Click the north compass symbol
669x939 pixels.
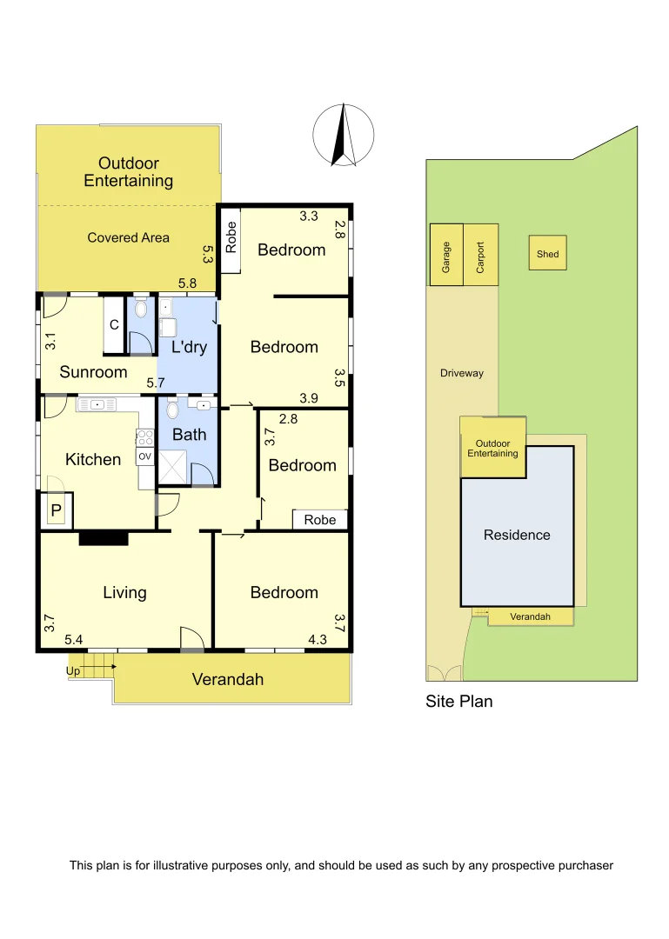tap(344, 135)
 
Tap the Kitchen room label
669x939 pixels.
tap(93, 459)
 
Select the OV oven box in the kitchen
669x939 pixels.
tap(144, 456)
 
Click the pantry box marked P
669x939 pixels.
tap(56, 511)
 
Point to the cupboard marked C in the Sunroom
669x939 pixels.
tap(114, 325)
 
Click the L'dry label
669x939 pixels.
tap(188, 347)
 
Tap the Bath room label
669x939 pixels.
tap(189, 434)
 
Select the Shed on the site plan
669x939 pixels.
tap(547, 254)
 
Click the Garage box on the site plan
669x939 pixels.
tap(446, 256)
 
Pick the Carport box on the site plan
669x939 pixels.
tap(480, 256)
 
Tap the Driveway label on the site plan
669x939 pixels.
tap(461, 373)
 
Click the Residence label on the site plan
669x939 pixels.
tap(517, 535)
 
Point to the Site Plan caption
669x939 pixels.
tap(458, 701)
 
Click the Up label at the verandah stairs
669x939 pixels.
tap(73, 670)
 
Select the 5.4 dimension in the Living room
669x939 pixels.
tap(74, 641)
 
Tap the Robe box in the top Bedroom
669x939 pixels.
tap(231, 239)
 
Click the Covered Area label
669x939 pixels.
tap(128, 237)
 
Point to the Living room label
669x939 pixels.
tap(124, 592)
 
